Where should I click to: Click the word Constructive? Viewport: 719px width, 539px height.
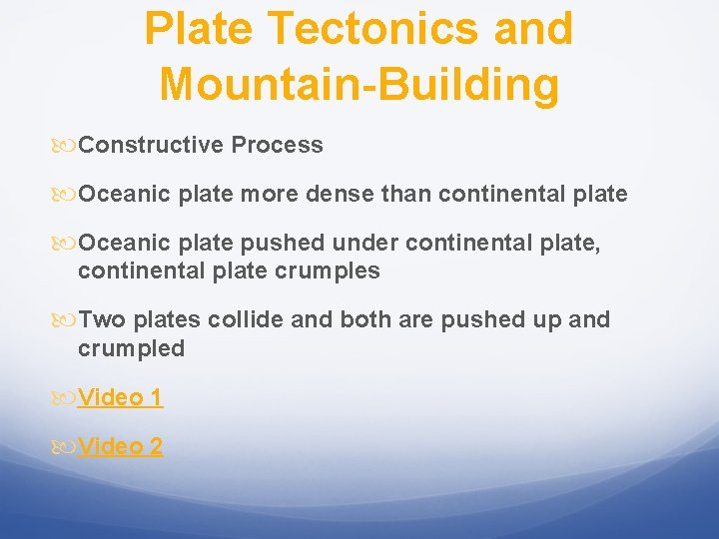tap(151, 145)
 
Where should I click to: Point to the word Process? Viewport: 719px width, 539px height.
tap(277, 145)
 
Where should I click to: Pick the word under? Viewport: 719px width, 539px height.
tap(365, 243)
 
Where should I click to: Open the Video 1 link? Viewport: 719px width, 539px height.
tap(120, 397)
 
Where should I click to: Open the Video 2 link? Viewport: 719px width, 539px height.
tap(120, 446)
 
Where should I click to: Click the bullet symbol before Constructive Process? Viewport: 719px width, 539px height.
tap(64, 146)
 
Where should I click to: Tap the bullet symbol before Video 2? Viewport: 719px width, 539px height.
tap(64, 447)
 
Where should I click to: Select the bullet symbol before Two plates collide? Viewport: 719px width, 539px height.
tap(64, 320)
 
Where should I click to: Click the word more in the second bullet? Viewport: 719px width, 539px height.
tap(268, 193)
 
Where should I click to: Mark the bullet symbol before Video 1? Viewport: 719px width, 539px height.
tap(64, 398)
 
